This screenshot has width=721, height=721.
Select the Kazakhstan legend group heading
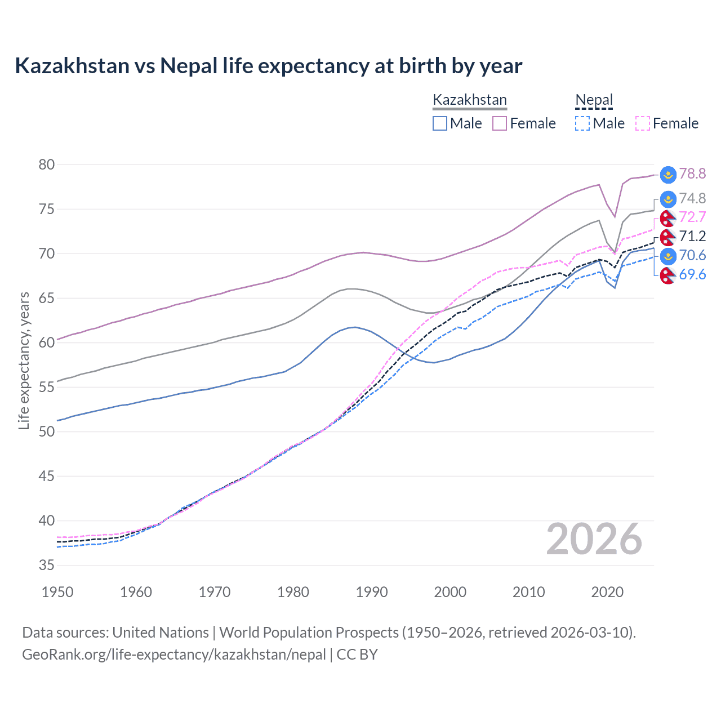[x=469, y=100]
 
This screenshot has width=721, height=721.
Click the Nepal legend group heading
[x=594, y=100]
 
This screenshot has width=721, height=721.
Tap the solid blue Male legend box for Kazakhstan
[x=440, y=123]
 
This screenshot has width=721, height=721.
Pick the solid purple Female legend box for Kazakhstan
[x=500, y=123]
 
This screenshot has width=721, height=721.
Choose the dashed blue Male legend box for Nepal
[x=582, y=123]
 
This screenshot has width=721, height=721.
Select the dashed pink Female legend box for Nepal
[x=643, y=123]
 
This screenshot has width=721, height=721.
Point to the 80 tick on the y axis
[x=47, y=164]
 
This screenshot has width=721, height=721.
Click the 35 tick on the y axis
[x=47, y=565]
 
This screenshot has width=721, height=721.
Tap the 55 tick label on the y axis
[x=47, y=387]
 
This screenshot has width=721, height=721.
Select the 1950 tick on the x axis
[x=57, y=592]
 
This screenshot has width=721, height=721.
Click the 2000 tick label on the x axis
[x=450, y=592]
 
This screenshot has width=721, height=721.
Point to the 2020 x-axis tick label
[x=607, y=592]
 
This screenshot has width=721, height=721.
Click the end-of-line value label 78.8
[x=692, y=173]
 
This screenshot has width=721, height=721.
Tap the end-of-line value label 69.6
[x=692, y=274]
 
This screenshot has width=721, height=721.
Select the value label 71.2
[x=692, y=236]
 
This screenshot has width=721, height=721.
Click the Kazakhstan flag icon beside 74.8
[x=667, y=199]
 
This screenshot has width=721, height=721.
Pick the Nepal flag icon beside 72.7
[x=667, y=217]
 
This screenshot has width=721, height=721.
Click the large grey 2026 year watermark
[x=594, y=539]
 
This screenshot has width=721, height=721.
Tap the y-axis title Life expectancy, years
[x=24, y=360]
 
